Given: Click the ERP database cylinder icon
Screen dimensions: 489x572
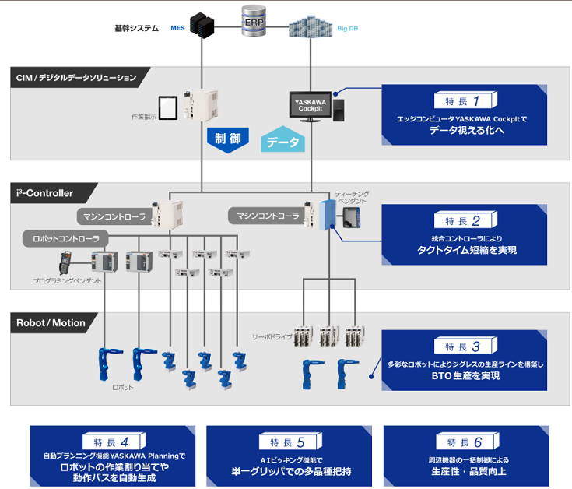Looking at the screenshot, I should (x=254, y=22).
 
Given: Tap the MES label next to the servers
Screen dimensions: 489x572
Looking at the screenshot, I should (x=177, y=29).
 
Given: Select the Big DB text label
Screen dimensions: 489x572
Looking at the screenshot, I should (x=347, y=29).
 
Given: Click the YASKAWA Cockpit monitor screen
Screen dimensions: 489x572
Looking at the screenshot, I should (x=310, y=104).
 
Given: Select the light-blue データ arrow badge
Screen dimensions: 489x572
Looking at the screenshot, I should (x=282, y=142).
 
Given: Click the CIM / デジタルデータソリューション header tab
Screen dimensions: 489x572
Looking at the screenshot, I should (x=76, y=78).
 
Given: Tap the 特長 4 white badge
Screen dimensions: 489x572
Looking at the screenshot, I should (x=113, y=442).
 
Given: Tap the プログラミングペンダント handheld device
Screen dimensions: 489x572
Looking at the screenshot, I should (x=65, y=262).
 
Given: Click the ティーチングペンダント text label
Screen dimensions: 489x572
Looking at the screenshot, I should (x=353, y=196).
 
